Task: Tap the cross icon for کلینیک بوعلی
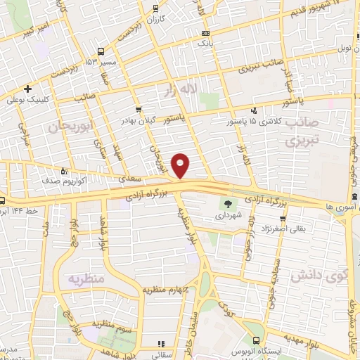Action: (27, 89)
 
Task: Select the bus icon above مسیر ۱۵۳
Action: (101, 51)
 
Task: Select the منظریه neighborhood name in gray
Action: (86, 278)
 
